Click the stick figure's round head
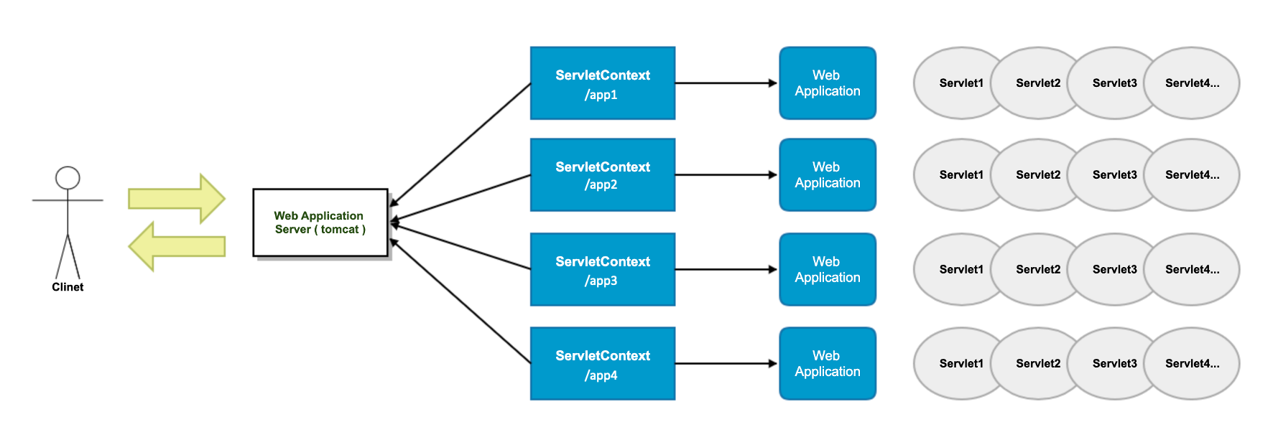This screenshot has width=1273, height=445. (68, 178)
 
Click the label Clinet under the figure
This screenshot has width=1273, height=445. (68, 287)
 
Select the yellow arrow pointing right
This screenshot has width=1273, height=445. (177, 198)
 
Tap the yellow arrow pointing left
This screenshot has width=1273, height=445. (177, 246)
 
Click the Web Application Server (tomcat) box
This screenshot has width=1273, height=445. (320, 222)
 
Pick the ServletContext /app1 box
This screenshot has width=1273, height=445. (602, 83)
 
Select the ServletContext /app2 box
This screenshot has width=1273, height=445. (602, 174)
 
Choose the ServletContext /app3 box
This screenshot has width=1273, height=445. (602, 269)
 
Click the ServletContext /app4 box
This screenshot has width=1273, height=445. (602, 363)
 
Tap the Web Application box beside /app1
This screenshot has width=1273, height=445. (827, 83)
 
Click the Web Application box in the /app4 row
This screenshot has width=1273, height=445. (827, 363)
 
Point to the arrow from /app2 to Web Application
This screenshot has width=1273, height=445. (726, 174)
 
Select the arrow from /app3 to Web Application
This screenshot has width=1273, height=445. (726, 269)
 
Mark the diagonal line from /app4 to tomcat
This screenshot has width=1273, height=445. (460, 301)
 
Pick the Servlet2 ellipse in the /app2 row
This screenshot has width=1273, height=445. (1037, 174)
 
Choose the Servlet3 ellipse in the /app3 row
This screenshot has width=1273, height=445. (1114, 269)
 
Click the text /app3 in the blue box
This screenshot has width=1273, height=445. (601, 281)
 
